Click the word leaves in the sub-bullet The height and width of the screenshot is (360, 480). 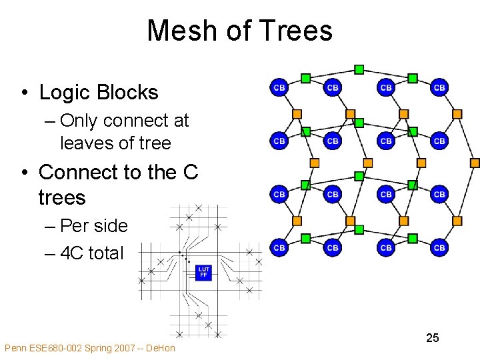pyautogui.click(x=81, y=143)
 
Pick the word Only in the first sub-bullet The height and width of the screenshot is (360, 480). pyautogui.click(x=78, y=121)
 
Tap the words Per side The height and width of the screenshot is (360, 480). pyautogui.click(x=93, y=225)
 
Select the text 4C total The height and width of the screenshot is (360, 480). pyautogui.click(x=92, y=253)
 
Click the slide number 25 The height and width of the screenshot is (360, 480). pyautogui.click(x=433, y=338)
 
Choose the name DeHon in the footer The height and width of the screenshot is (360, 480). pyautogui.click(x=160, y=348)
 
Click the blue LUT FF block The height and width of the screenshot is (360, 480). pyautogui.click(x=203, y=272)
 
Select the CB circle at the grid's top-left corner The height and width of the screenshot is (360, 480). pyautogui.click(x=279, y=87)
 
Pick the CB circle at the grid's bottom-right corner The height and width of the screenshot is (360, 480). pyautogui.click(x=439, y=247)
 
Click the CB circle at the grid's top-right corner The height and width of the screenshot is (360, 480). pyautogui.click(x=439, y=87)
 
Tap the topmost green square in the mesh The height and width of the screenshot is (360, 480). pyautogui.click(x=359, y=69)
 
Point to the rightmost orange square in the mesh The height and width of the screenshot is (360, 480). pyautogui.click(x=475, y=163)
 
